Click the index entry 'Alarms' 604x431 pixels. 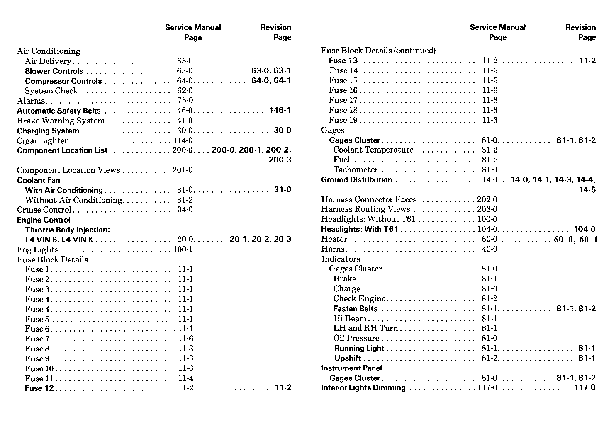[31, 101]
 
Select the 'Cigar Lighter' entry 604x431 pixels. [42, 140]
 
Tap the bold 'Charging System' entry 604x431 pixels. [48, 131]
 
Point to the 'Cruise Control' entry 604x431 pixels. [44, 210]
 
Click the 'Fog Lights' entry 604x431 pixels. [37, 249]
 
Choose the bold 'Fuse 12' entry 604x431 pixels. [39, 388]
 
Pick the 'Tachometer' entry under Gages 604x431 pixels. [356, 169]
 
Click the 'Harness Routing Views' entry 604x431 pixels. [365, 209]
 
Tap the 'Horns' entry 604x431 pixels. [333, 249]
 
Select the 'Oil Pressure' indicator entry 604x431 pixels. [356, 338]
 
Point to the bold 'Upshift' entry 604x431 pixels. [348, 358]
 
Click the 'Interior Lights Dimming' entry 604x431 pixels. [363, 388]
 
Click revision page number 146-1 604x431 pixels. [280, 110]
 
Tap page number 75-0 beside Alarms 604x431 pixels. [185, 101]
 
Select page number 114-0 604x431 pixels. [183, 140]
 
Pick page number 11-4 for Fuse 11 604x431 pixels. [185, 378]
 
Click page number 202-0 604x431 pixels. [487, 200]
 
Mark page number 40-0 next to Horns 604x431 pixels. [490, 249]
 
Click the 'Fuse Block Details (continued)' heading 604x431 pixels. [378, 51]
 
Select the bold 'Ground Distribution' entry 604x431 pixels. [356, 179]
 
